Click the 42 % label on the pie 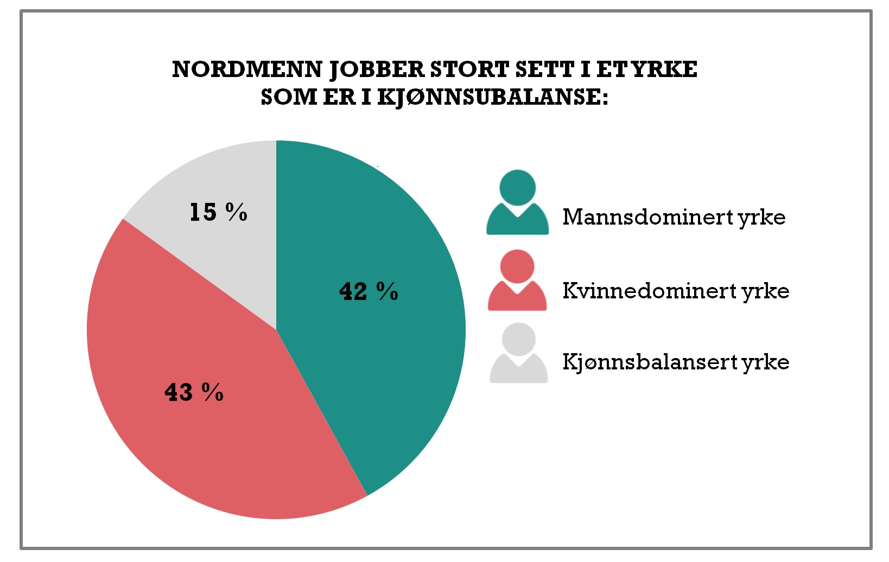click(x=369, y=291)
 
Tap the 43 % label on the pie click(x=194, y=392)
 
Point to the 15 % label click(x=218, y=212)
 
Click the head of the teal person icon click(x=517, y=187)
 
